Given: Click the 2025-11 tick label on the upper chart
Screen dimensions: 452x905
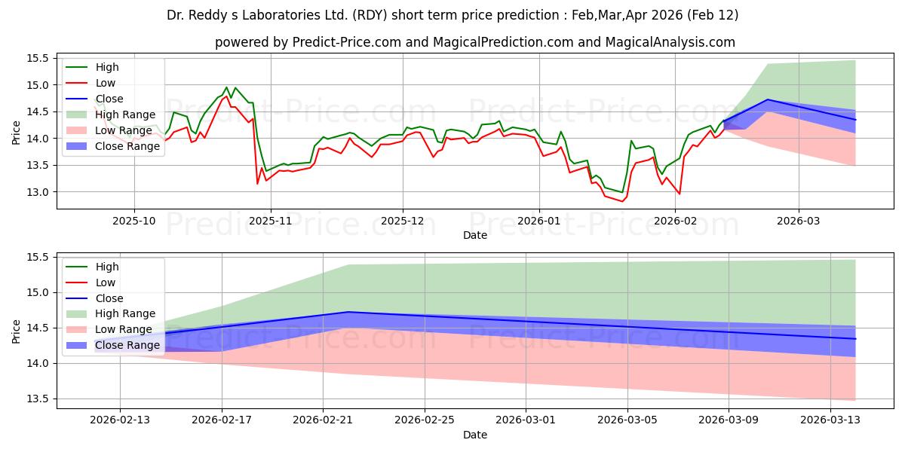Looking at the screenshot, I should tap(269, 221).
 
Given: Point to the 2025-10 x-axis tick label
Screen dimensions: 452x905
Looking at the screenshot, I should tap(134, 221).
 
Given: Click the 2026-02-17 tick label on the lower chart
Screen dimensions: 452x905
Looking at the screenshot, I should tap(222, 420).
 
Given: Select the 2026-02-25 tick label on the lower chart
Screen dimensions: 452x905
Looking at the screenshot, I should tap(425, 420).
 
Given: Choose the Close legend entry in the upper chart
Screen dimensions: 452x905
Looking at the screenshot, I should tap(109, 99).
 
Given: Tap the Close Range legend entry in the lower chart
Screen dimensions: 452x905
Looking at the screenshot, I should tap(127, 345).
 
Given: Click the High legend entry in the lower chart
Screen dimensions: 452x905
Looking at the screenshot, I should tap(106, 267).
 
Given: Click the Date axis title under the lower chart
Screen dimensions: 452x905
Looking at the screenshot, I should tap(475, 435).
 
